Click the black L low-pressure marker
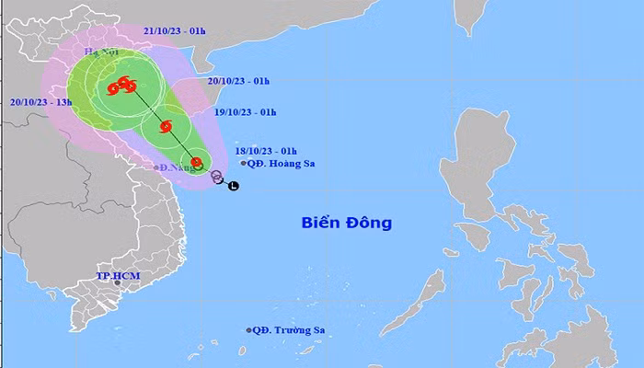coord(233,187)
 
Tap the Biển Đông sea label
coord(346,222)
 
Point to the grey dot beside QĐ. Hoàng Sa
coord(244,164)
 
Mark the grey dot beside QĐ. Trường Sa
coord(249,330)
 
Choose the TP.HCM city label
coord(117,275)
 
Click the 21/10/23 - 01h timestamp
coord(175,30)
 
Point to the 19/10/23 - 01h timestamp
coord(244,112)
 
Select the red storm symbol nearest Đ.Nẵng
coord(197,163)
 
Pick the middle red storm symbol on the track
coord(167,127)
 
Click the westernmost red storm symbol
coord(111,89)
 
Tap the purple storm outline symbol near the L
coord(217,176)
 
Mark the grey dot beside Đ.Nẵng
coord(157,167)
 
